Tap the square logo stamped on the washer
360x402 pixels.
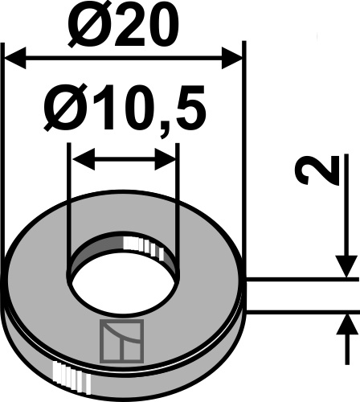[x=121, y=339]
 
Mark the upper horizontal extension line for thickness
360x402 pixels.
[x=301, y=280]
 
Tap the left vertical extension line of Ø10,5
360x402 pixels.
[x=69, y=201]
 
